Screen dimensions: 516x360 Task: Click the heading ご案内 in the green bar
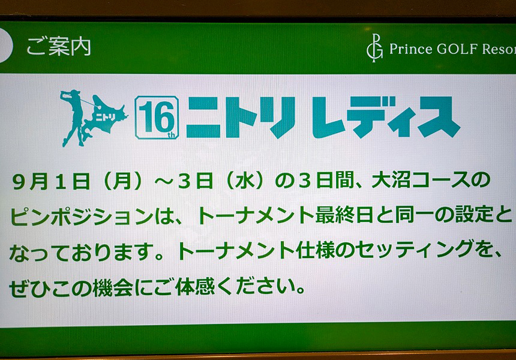tap(59, 46)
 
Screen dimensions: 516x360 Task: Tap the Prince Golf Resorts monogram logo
tap(374, 48)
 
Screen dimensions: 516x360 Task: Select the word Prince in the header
tap(410, 49)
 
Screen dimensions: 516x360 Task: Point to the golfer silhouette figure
tap(73, 118)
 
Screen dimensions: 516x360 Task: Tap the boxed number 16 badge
tap(157, 117)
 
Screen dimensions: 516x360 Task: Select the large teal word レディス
tap(386, 117)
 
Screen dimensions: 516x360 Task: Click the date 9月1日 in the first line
tap(51, 182)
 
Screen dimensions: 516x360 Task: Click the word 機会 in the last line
tap(113, 288)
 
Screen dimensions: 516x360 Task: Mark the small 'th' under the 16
tap(172, 134)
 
